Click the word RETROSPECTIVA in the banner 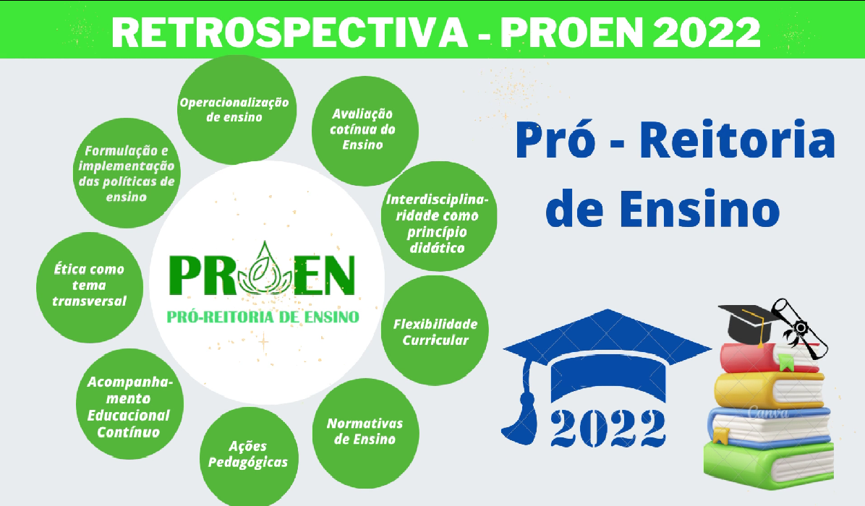(290, 32)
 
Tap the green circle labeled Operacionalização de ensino (236, 110)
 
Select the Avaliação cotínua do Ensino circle (365, 131)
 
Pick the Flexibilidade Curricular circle (435, 330)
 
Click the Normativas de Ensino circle (365, 433)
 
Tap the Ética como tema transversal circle (90, 287)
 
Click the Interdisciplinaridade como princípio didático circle (439, 216)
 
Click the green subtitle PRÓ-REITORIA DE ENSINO (263, 317)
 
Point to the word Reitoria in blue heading (737, 141)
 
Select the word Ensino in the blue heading (699, 209)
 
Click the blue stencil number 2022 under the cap (608, 428)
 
